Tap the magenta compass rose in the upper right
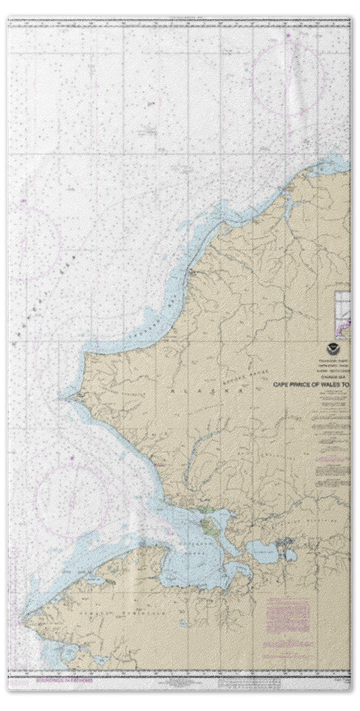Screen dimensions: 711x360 (x=288, y=78)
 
